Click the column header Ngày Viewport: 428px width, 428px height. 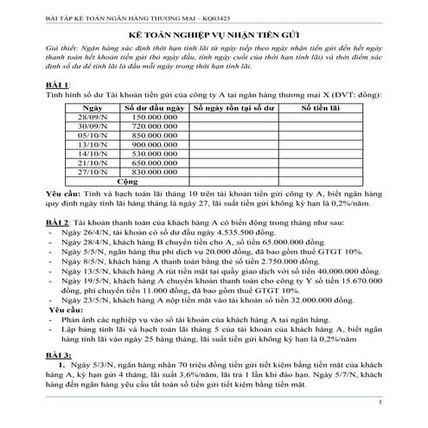coord(91,107)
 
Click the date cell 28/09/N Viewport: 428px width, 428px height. coord(91,117)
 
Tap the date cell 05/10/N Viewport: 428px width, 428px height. coord(91,137)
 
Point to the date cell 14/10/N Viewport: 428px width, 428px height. coord(91,156)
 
